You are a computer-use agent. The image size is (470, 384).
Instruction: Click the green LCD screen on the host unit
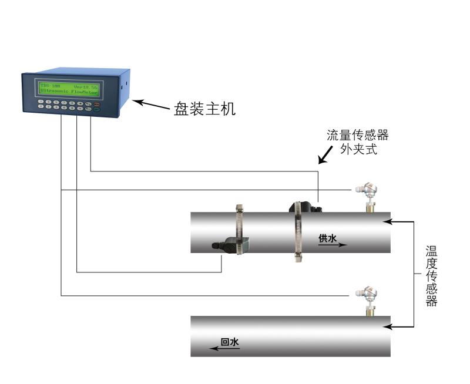(x=69, y=89)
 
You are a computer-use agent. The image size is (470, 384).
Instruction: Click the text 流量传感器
(x=358, y=136)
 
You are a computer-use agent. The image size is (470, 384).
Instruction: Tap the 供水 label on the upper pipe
(x=327, y=238)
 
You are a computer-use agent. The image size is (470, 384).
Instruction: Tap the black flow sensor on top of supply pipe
(x=303, y=207)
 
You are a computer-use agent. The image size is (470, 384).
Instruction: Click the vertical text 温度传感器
(x=431, y=276)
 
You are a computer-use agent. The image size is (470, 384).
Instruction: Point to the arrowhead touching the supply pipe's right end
(x=387, y=222)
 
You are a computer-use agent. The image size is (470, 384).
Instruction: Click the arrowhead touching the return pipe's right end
(x=387, y=327)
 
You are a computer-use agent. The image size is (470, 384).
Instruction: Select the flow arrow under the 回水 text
(x=225, y=349)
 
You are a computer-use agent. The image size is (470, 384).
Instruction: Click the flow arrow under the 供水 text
(x=333, y=245)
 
